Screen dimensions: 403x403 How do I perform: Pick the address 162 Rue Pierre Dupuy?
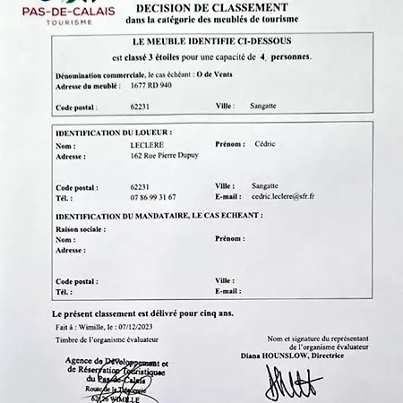[165, 155]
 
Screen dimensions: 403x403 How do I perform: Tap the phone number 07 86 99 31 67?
[153, 196]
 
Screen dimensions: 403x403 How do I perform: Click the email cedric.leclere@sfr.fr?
[289, 196]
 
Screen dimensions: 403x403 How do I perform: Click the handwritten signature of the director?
[293, 384]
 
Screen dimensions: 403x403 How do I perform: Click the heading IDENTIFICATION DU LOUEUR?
[114, 132]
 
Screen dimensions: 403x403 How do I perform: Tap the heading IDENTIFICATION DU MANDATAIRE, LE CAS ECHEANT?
[159, 217]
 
